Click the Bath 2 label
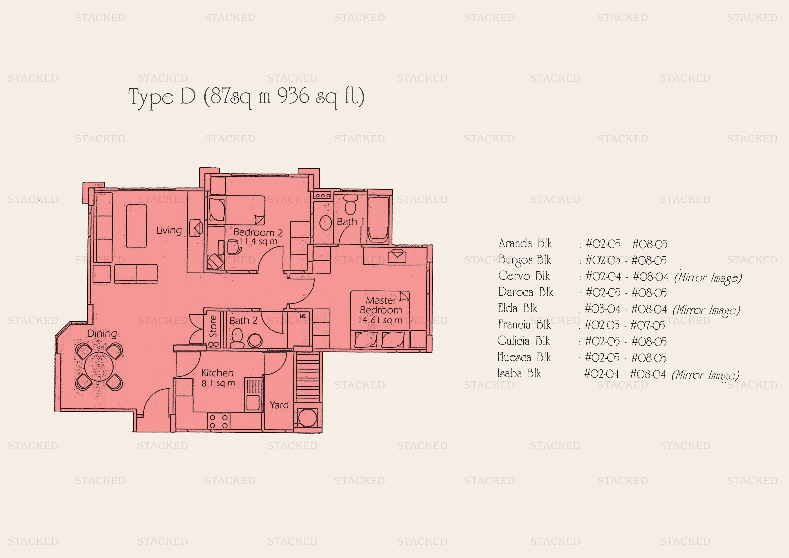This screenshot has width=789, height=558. point(243,320)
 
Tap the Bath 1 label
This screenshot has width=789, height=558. point(350,222)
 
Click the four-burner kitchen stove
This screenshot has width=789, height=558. point(219,421)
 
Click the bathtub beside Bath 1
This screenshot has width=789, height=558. point(378,218)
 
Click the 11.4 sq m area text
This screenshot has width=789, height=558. point(258,241)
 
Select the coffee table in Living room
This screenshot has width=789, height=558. point(137,226)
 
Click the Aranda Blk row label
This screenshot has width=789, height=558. point(525,243)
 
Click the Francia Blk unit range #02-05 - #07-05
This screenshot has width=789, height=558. point(625,325)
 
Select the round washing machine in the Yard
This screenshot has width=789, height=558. point(307,418)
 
